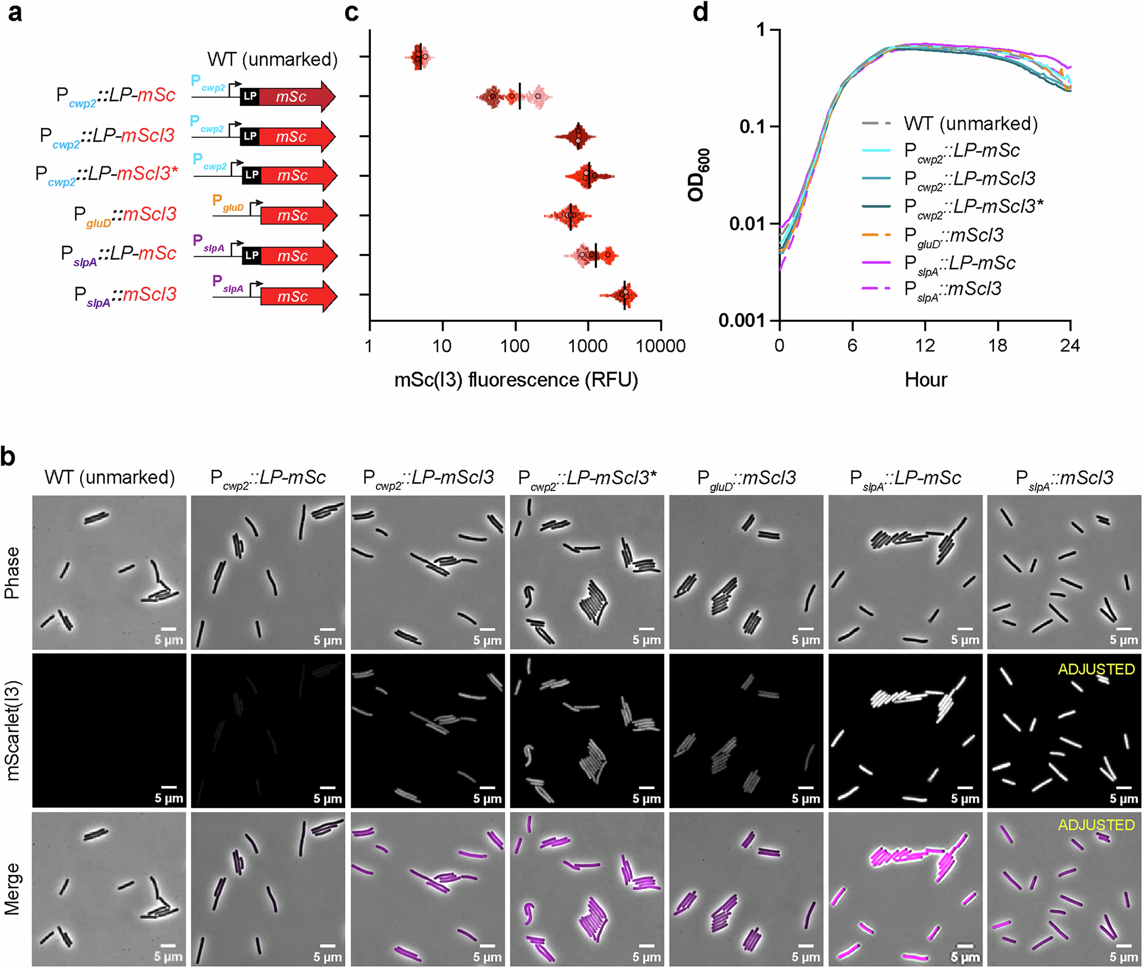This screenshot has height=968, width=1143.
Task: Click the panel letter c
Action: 351,13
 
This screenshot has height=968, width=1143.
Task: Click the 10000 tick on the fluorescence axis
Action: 661,346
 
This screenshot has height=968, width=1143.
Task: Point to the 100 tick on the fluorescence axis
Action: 515,346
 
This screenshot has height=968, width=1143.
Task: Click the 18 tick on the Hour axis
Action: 998,345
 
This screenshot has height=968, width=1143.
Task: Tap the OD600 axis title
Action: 699,175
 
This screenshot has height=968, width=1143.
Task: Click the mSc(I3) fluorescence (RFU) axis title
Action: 515,380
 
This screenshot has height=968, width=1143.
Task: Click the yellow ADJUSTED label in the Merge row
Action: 1096,825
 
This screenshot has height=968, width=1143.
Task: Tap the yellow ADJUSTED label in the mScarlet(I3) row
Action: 1096,669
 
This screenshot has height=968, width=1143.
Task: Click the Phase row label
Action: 13,572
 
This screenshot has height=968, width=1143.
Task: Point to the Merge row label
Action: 13,889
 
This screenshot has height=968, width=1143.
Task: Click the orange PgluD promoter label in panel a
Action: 227,203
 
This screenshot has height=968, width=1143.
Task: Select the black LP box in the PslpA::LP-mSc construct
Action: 251,256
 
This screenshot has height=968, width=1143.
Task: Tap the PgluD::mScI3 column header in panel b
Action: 746,478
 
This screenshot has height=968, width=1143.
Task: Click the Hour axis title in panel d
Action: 926,380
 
